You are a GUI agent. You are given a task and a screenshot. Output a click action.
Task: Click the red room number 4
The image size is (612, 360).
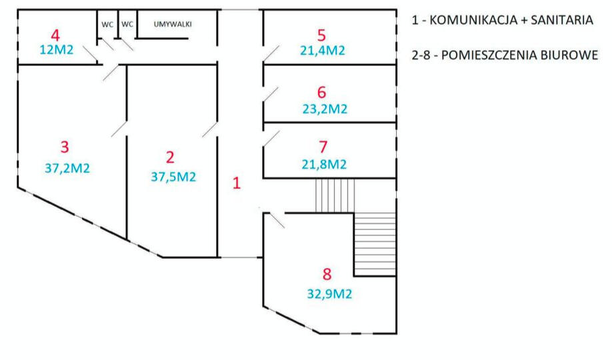[55, 35]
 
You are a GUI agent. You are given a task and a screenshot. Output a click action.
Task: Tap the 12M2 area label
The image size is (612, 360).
[57, 49]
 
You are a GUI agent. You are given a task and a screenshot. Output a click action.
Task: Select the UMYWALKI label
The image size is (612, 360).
[173, 24]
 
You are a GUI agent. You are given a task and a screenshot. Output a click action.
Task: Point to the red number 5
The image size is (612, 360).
[321, 35]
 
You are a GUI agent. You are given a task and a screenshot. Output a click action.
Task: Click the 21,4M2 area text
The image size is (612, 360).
[323, 51]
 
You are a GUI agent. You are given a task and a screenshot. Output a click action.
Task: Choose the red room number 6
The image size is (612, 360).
[321, 93]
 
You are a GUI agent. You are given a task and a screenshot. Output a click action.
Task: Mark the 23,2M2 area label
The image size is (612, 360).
[325, 109]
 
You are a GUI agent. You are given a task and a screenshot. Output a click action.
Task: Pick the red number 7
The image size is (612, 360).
[323, 147]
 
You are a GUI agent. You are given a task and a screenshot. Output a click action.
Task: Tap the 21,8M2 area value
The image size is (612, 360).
[324, 165]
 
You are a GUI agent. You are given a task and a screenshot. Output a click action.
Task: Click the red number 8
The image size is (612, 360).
[327, 274]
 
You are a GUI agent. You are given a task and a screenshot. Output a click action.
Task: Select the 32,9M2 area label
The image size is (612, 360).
[329, 293]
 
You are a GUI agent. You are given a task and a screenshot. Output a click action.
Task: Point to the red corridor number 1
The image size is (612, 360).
[237, 183]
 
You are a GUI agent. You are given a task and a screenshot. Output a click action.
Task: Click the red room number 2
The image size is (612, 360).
[170, 157]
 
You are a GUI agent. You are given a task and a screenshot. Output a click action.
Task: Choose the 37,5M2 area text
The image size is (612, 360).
[173, 177]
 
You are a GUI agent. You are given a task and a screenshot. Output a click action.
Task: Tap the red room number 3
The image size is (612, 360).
[65, 147]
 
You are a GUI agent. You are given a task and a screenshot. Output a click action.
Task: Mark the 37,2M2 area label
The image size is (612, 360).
[67, 168]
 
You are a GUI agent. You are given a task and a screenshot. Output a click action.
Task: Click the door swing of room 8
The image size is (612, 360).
[277, 220]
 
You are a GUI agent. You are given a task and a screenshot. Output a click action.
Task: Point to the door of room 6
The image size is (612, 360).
[271, 95]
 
